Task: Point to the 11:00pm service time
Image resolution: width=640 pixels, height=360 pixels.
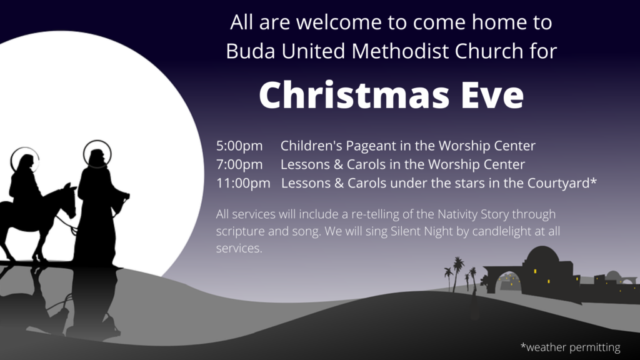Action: tap(243, 183)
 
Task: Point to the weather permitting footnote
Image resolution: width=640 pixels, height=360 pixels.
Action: tap(570, 347)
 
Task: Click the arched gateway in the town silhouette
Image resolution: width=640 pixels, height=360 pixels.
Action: tap(508, 282)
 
